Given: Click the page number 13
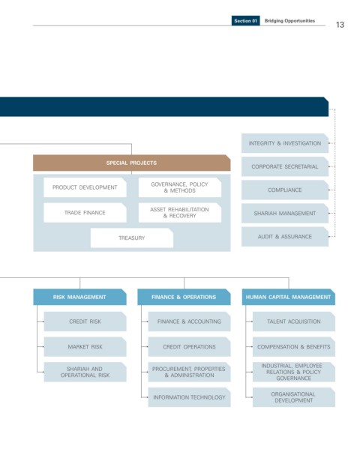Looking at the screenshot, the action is coord(340,25).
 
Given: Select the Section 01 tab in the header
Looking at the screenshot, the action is coord(246,21).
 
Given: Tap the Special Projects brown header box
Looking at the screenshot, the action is coord(132,163).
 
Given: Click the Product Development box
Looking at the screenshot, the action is coord(85,187).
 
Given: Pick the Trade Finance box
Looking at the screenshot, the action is coord(85,213).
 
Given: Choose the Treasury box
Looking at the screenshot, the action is coord(132,238).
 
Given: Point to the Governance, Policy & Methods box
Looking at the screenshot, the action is coord(180,187).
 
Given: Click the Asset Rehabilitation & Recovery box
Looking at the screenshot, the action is coord(180,213).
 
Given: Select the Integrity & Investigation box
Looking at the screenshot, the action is coord(285,143).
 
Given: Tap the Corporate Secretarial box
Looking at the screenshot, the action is coord(285,166).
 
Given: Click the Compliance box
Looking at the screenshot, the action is coord(285,190).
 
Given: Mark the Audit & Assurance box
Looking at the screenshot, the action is coord(285,237).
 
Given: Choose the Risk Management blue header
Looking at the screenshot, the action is coord(79,297).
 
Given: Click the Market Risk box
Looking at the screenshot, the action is coord(85,347).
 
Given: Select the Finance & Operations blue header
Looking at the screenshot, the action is coord(184,297).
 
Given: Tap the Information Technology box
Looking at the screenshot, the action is coord(189,397).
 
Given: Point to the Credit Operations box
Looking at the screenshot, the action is coord(189,347).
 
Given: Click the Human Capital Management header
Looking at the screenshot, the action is coord(289,297).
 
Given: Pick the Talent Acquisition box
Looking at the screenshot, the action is coord(294,322).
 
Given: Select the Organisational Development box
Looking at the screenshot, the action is coord(294,397).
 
